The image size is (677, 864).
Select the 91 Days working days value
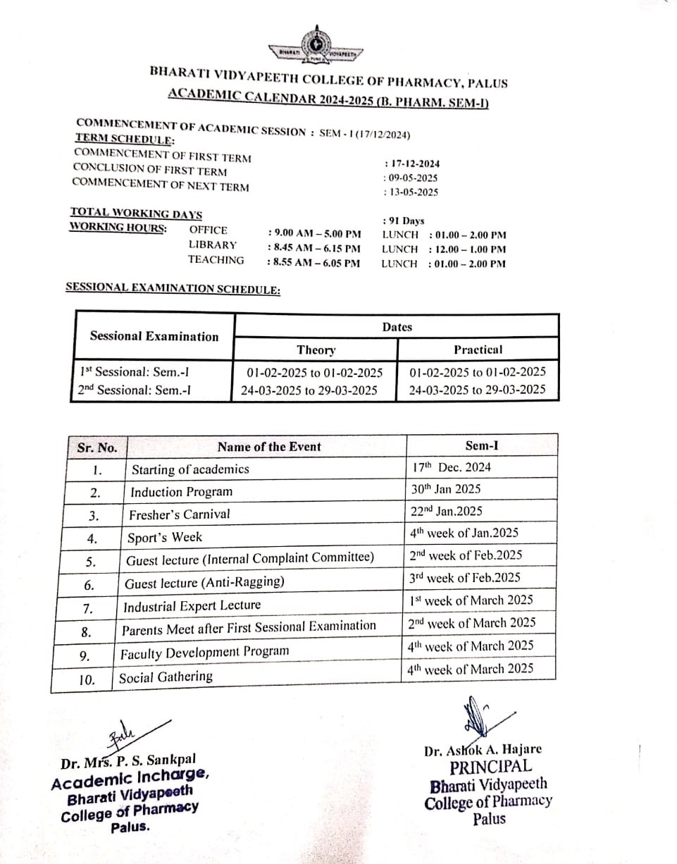tap(404, 221)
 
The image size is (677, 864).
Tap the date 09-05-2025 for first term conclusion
tap(411, 178)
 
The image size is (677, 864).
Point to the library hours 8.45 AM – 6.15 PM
tap(315, 248)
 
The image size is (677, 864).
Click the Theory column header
tap(316, 350)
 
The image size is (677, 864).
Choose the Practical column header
tap(478, 350)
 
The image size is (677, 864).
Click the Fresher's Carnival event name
tap(180, 514)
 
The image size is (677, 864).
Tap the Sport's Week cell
tap(165, 538)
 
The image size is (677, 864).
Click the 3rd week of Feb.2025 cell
tap(465, 578)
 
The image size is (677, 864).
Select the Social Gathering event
tap(166, 677)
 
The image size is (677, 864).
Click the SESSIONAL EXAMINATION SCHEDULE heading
tap(173, 288)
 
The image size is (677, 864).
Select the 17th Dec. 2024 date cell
tap(453, 467)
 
